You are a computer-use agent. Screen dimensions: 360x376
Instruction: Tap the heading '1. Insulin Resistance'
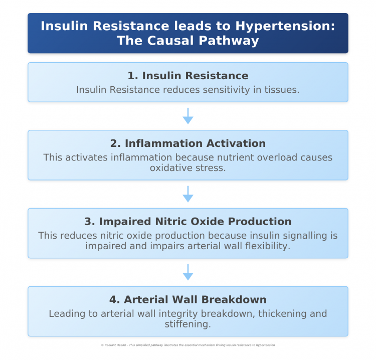click(188, 76)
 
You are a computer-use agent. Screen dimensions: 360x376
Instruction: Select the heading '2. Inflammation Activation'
click(188, 143)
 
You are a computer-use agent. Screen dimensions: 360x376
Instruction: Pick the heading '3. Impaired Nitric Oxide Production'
click(188, 221)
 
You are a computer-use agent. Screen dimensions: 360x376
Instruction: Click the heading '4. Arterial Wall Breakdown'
click(188, 299)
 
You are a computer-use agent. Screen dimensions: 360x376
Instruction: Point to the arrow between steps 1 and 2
click(188, 116)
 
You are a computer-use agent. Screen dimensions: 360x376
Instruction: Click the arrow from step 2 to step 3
click(188, 194)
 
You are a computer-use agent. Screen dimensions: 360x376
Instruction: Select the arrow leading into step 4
click(188, 272)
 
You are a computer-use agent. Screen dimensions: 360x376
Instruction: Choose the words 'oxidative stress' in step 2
click(188, 167)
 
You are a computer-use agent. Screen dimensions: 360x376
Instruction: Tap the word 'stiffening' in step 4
click(187, 324)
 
